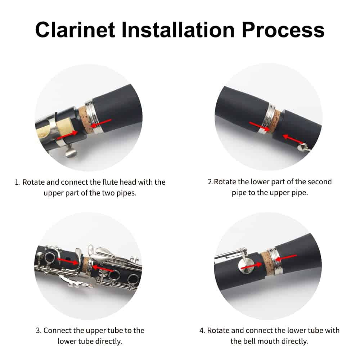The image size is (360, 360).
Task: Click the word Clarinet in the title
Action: (x=75, y=30)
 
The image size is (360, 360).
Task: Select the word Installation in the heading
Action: (x=178, y=30)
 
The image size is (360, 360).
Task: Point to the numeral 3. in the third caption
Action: (x=39, y=330)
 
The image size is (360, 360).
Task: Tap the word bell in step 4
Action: (x=252, y=341)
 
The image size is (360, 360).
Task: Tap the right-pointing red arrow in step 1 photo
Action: (x=67, y=135)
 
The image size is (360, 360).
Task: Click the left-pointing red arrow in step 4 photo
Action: (x=286, y=258)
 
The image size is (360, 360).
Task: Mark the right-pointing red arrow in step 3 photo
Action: (x=68, y=261)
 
